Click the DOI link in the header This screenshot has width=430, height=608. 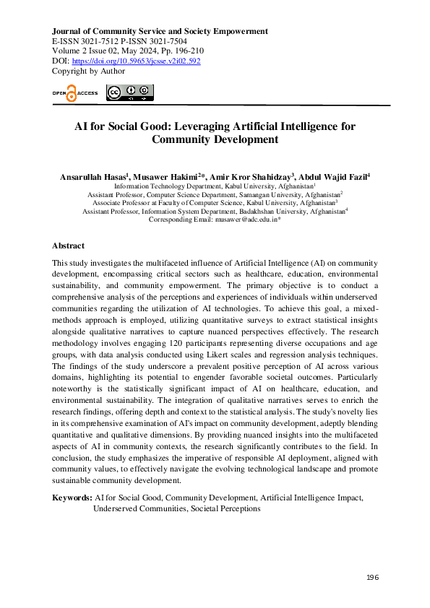click(136, 61)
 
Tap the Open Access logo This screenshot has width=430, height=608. click(74, 93)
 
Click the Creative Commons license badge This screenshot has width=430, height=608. click(130, 92)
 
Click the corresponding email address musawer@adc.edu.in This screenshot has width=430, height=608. click(247, 220)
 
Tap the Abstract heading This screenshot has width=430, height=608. click(69, 246)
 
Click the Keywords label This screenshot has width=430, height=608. click(72, 498)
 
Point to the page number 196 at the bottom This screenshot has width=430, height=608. click(373, 578)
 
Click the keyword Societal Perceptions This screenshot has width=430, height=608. click(226, 508)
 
